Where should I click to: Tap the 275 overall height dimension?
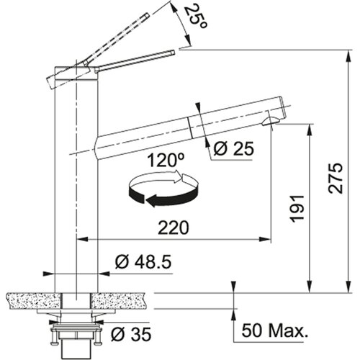[x=336, y=178]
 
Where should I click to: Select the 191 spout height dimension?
[x=297, y=209]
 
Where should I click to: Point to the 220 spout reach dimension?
[x=174, y=228]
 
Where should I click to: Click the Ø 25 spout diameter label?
[x=233, y=148]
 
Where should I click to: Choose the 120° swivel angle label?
[x=166, y=161]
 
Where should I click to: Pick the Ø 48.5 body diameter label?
[x=143, y=261]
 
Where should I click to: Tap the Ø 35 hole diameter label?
[x=131, y=334]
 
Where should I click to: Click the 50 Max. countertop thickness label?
[x=275, y=330]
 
